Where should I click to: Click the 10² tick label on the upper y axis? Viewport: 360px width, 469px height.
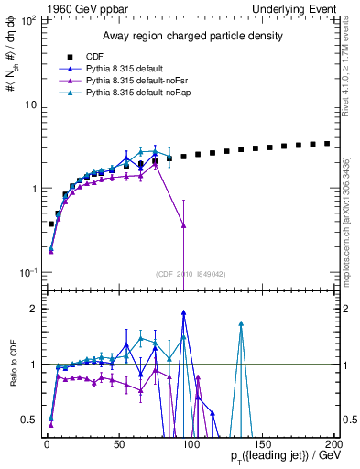click(x=27, y=19)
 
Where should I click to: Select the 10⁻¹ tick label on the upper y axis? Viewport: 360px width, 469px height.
click(x=27, y=273)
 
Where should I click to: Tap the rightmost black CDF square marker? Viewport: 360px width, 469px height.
click(x=327, y=143)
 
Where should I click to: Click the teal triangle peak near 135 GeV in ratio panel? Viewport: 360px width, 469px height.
click(x=240, y=323)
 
